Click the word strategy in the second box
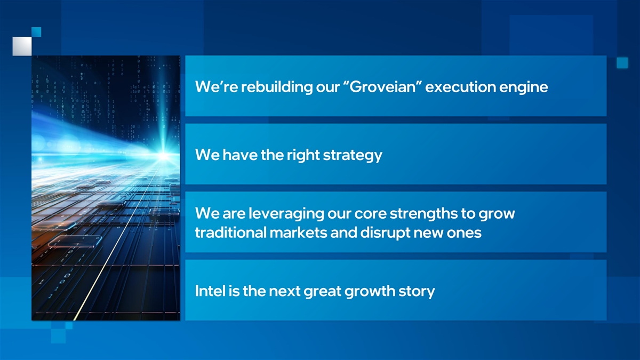pyautogui.click(x=353, y=155)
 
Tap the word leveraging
pyautogui.click(x=286, y=214)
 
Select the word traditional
pyautogui.click(x=231, y=233)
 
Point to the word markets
pyautogui.click(x=298, y=233)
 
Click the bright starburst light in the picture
pyautogui.click(x=163, y=156)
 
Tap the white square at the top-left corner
pyautogui.click(x=22, y=46)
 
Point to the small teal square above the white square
pyautogui.click(x=36, y=32)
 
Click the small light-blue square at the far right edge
pyautogui.click(x=622, y=63)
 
